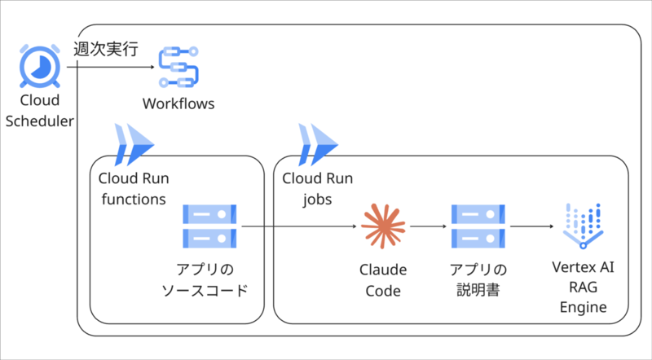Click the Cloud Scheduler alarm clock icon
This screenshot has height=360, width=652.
click(40, 67)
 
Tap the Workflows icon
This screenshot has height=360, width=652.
click(178, 67)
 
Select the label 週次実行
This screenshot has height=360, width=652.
click(106, 49)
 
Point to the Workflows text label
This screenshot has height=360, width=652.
click(178, 103)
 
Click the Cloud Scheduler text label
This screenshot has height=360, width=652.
click(39, 111)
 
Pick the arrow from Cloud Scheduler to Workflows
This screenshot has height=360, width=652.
click(111, 67)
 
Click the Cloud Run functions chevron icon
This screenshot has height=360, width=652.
click(134, 145)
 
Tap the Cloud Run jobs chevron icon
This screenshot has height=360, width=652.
click(318, 145)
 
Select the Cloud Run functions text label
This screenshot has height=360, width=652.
click(134, 189)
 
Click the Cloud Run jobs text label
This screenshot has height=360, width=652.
click(317, 189)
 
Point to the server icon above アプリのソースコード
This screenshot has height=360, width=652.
click(209, 226)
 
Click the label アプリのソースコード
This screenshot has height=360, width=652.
click(205, 279)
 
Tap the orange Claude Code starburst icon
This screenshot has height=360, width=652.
click(383, 226)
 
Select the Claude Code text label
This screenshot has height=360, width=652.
click(383, 280)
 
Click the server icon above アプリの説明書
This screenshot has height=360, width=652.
click(478, 226)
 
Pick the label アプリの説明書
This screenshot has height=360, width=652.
click(478, 279)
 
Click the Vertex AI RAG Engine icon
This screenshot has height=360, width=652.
click(583, 226)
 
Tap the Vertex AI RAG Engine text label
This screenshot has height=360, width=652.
click(583, 287)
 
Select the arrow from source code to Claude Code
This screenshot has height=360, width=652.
click(299, 226)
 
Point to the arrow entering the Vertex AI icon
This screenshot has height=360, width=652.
click(532, 226)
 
